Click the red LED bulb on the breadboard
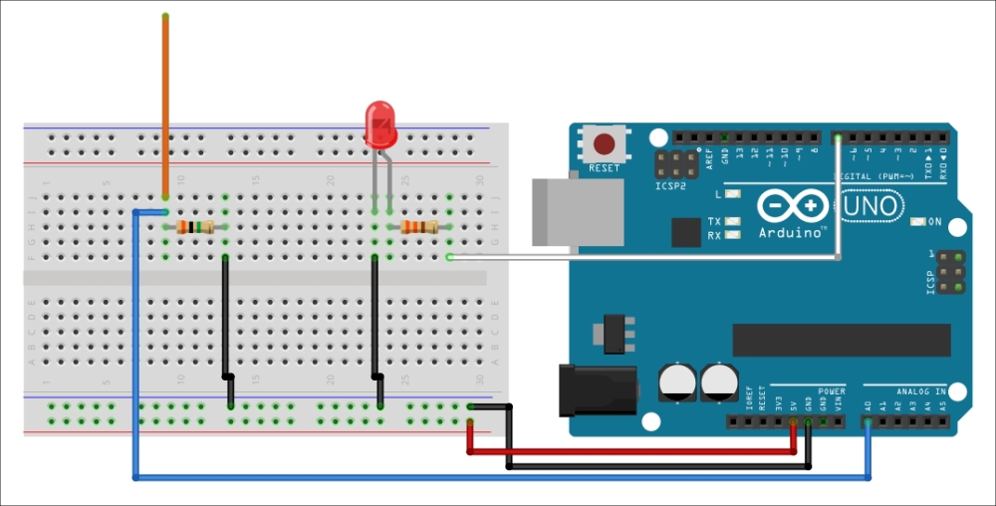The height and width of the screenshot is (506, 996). click(380, 125)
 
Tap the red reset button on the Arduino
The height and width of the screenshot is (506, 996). click(604, 142)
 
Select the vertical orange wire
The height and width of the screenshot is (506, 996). click(165, 100)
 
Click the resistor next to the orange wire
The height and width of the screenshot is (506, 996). click(195, 228)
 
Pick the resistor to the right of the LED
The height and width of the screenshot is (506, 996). click(419, 228)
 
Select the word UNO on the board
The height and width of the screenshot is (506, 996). click(874, 206)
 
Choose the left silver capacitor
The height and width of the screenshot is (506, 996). click(676, 381)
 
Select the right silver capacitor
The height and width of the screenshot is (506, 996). click(719, 381)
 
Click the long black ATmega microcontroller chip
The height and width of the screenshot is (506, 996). click(841, 340)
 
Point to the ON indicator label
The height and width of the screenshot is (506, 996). click(933, 221)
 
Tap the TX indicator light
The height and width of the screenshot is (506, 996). click(734, 221)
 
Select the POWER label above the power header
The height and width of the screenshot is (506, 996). click(831, 391)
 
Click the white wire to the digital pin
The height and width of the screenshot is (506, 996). click(647, 258)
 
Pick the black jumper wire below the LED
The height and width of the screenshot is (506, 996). click(374, 319)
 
